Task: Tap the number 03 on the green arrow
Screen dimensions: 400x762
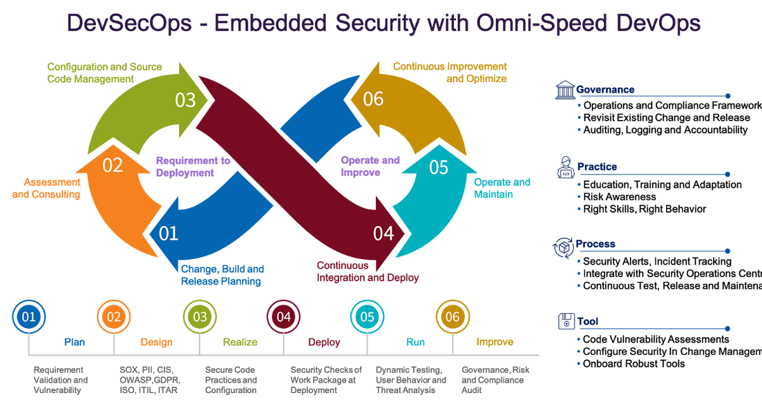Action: pos(185,100)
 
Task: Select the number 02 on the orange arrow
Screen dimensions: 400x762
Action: pos(112,165)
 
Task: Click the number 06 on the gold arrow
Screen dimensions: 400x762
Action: pos(373,100)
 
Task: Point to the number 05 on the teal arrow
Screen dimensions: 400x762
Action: pos(438,168)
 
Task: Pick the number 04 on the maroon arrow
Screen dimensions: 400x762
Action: pos(384,234)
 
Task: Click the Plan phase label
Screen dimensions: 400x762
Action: pos(74,342)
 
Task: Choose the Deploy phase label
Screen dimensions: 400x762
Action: pos(324,342)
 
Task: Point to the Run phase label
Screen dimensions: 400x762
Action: pos(415,342)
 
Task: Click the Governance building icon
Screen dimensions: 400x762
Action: pos(565,90)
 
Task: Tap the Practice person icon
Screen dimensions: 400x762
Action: pos(565,167)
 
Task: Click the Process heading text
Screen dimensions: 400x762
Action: pos(595,244)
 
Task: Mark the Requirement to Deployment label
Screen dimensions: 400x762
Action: pos(193,166)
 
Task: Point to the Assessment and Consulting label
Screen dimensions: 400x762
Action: pos(46,188)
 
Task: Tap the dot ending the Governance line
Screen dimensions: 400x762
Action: pos(728,96)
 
